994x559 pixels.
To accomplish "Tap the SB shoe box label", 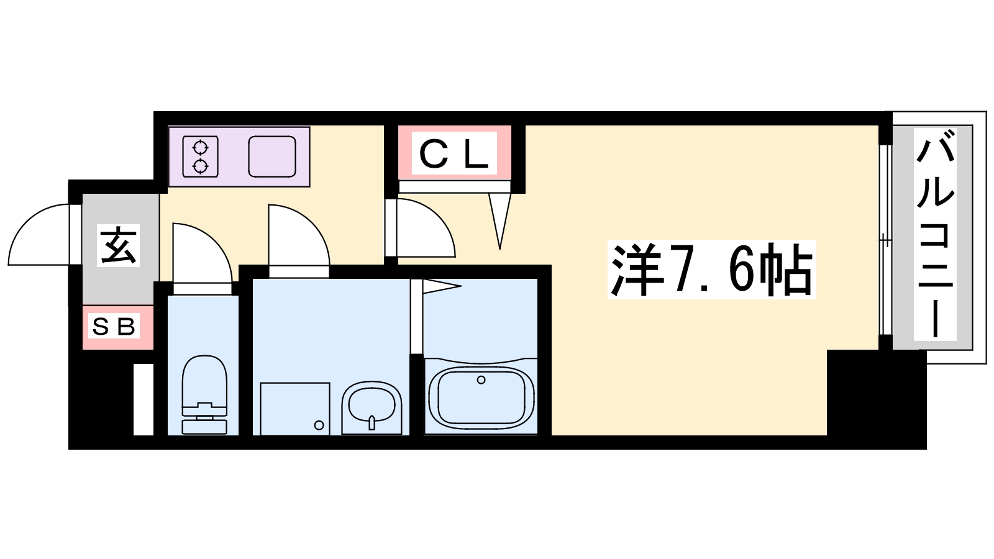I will pyautogui.click(x=114, y=326).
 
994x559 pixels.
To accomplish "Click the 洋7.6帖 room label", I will pyautogui.click(x=712, y=271).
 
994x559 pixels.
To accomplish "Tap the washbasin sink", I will pyautogui.click(x=372, y=407).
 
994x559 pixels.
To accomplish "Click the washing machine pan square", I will pyautogui.click(x=294, y=408).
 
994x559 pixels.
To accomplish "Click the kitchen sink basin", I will pyautogui.click(x=271, y=157).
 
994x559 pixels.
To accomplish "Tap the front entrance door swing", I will pyautogui.click(x=40, y=236).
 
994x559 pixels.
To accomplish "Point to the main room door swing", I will pyautogui.click(x=422, y=229).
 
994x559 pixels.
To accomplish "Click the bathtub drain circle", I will pyautogui.click(x=481, y=379).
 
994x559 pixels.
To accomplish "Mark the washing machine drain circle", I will pyautogui.click(x=319, y=425).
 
